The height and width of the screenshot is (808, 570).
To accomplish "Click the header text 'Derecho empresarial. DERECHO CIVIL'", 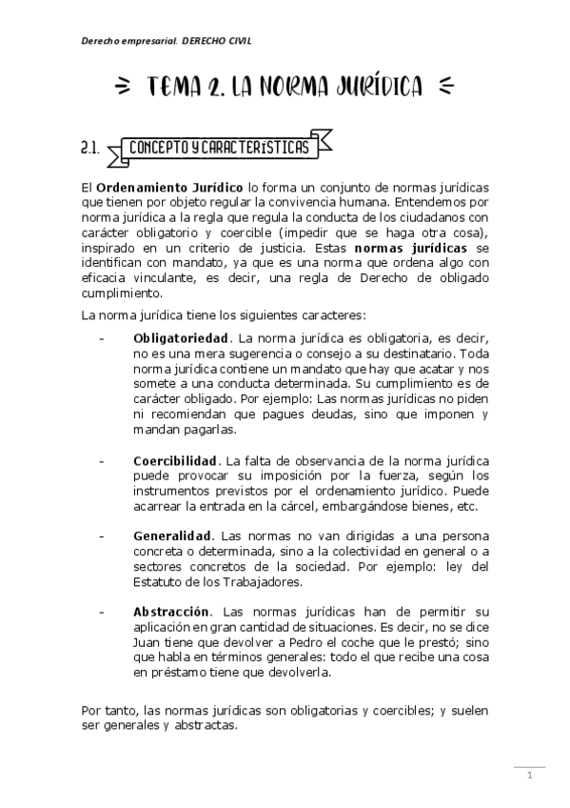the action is [167, 41].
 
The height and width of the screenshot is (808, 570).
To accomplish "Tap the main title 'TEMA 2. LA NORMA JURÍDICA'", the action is [285, 88].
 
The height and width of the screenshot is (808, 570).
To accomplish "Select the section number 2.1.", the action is [91, 148].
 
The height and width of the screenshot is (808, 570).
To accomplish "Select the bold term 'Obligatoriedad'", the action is [181, 337].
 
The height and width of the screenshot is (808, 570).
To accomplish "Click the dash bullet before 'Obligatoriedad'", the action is [100, 337].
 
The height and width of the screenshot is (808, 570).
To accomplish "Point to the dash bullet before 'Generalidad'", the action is [100, 535].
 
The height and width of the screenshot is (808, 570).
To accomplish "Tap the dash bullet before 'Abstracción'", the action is [100, 610].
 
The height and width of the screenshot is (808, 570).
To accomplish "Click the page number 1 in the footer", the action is [530, 775].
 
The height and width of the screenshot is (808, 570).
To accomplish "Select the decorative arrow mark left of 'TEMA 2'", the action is [122, 88].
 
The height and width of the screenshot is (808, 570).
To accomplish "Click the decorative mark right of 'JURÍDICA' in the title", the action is [448, 88].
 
